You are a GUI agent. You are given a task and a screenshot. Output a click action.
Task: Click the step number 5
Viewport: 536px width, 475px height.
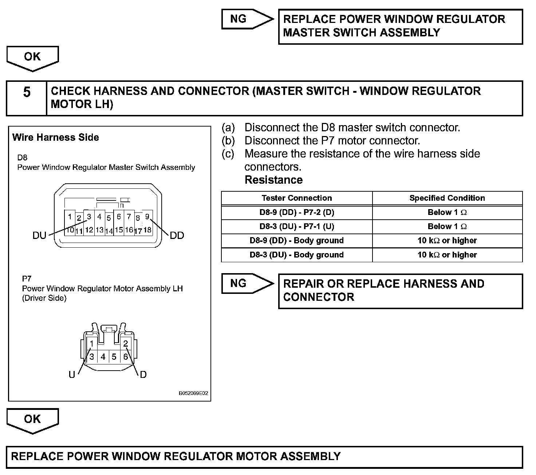coord(27,92)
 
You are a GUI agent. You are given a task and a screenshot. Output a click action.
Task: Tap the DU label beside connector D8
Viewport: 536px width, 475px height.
coord(39,236)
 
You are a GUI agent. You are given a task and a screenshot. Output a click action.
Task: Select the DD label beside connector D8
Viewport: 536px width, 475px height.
coord(177,236)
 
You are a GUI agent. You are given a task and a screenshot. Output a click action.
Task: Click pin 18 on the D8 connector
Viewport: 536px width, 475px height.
coord(147,230)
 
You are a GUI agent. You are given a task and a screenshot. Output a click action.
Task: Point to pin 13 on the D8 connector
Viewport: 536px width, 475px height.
coord(99,230)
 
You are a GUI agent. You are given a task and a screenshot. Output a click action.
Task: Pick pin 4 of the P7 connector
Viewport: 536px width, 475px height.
coord(103,357)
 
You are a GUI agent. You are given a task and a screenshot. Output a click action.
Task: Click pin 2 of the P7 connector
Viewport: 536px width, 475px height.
coord(126,343)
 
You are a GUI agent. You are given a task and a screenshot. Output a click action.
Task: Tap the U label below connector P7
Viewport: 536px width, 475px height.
coord(72,375)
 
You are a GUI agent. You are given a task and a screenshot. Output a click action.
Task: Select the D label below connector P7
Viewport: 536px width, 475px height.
coord(143,375)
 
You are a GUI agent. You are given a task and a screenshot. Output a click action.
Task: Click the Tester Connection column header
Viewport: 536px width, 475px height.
coord(296,198)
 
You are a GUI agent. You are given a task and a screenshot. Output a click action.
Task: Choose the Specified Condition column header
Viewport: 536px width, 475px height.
coord(447,198)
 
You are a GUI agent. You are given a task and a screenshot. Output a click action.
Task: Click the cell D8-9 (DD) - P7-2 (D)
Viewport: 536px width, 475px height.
coord(296,212)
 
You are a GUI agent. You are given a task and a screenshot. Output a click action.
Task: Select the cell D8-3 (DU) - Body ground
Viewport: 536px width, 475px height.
coord(296,255)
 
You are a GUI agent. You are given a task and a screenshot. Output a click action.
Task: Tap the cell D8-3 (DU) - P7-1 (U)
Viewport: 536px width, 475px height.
coord(296,227)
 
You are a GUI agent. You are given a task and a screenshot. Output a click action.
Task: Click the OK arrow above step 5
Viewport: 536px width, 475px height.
coord(32,57)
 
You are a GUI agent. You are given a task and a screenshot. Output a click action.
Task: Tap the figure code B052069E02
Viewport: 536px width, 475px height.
coord(193,394)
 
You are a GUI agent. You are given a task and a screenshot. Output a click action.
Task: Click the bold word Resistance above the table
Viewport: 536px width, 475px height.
coord(273,180)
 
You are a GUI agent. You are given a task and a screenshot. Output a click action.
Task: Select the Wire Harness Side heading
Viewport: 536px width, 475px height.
coord(56,137)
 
